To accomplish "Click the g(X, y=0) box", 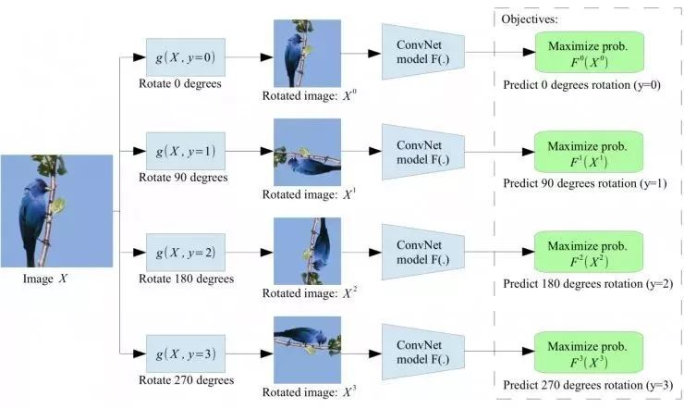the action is tap(186, 57).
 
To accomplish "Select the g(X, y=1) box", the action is tap(186, 151).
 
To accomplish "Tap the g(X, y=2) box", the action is tap(186, 253).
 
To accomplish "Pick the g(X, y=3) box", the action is tap(186, 353).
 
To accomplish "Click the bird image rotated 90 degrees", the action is tap(307, 152).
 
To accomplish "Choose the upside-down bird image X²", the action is tap(307, 251).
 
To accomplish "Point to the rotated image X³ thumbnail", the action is tap(307, 350).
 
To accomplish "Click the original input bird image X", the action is tap(56, 211).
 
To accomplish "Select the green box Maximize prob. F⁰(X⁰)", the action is tap(590, 52).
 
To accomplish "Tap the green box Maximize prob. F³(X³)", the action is tap(589, 353).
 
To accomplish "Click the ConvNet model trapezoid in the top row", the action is tap(422, 52).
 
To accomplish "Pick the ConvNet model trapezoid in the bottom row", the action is tap(422, 352).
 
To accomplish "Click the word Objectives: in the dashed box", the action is tap(530, 19).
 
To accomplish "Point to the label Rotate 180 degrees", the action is tap(187, 279).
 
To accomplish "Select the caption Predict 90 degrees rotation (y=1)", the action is tap(585, 183).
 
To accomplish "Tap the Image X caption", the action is tap(45, 279).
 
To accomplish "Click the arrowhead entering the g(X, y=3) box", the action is tap(140, 353).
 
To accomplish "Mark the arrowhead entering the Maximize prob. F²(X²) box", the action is tap(529, 252).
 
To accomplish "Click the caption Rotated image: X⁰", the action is tap(310, 95).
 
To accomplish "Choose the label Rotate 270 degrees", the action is tap(187, 380).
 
